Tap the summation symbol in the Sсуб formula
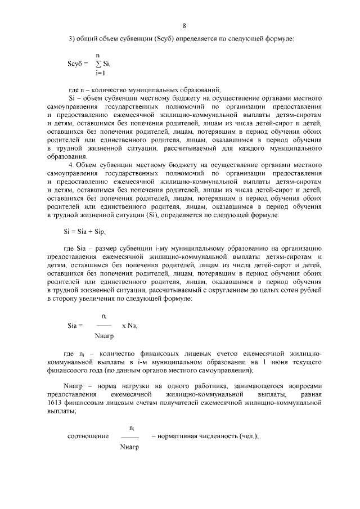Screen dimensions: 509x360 pyautogui.click(x=99, y=64)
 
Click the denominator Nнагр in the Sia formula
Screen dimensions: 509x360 pyautogui.click(x=103, y=335)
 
